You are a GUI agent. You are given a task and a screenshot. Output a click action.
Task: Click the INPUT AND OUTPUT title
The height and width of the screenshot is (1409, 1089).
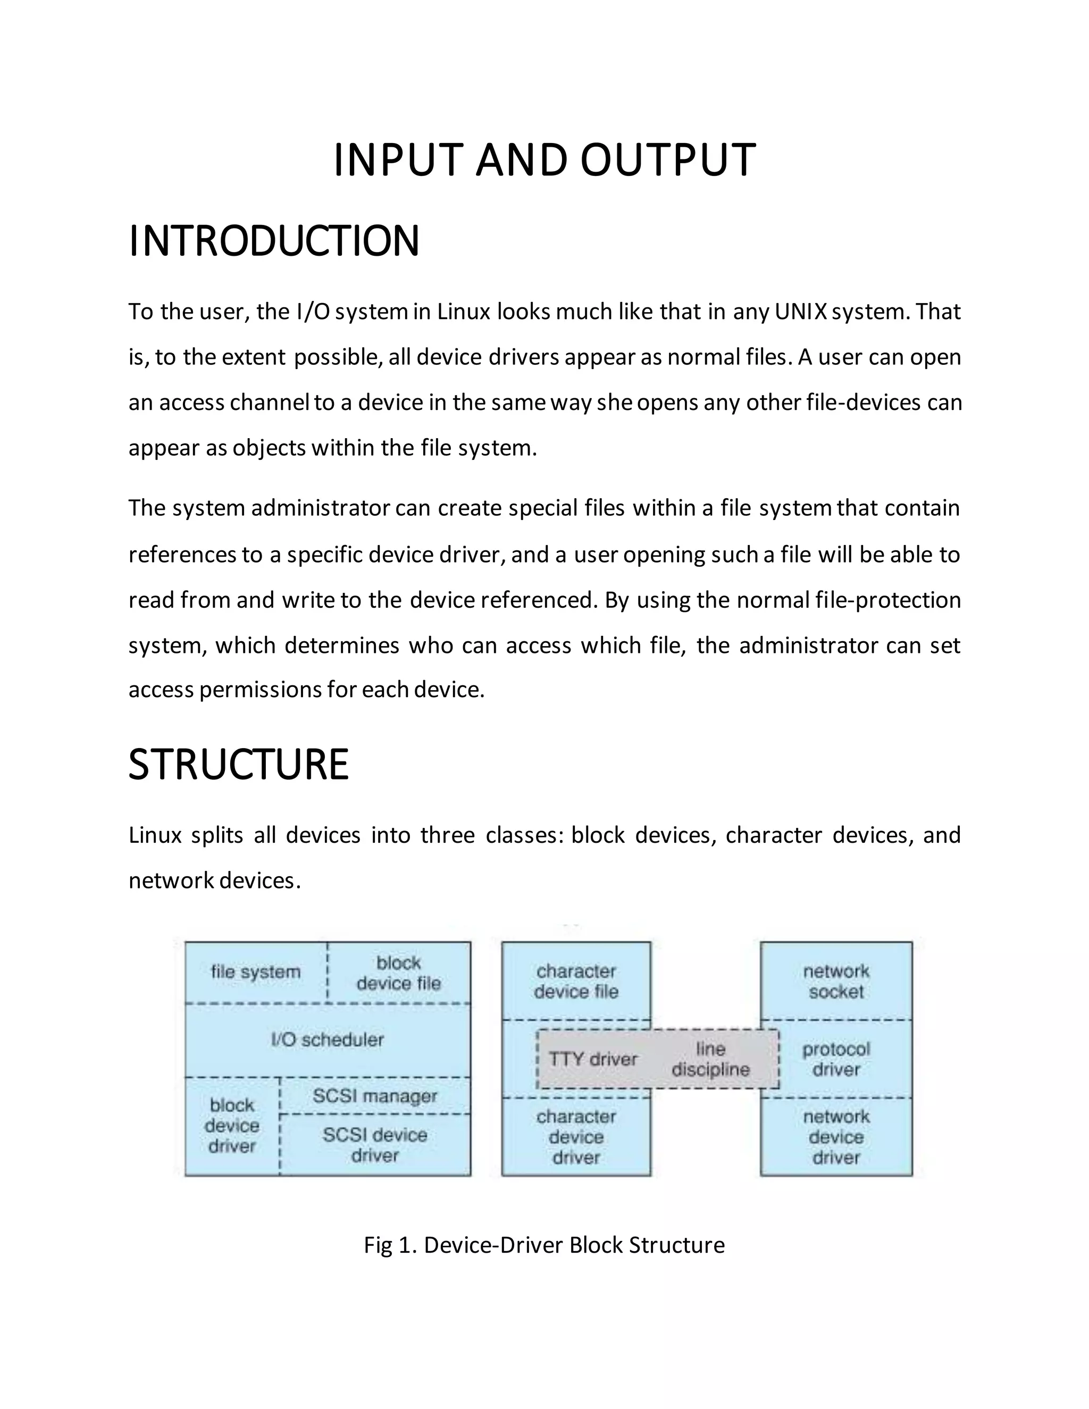[x=544, y=160]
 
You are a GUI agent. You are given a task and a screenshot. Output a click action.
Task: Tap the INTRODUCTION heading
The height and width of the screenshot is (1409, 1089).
[x=274, y=241]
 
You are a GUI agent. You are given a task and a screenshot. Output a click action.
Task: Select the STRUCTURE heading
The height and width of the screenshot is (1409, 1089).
[x=238, y=765]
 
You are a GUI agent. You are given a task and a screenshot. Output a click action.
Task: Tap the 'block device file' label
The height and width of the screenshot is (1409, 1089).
[x=399, y=973]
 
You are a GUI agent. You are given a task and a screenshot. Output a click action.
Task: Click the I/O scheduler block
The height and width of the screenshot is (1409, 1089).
[x=327, y=1040]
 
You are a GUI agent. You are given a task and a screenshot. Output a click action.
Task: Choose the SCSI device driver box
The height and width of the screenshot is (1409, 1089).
[x=375, y=1145]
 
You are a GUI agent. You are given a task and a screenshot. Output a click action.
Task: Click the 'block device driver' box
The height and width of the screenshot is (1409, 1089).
[x=232, y=1126]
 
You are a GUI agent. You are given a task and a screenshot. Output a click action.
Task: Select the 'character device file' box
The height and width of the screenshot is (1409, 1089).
[x=576, y=982]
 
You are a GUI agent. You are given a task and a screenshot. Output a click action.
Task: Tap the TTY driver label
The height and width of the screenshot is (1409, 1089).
[x=593, y=1059]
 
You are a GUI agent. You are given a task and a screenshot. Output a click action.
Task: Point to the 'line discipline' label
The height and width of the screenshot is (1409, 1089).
[x=710, y=1059]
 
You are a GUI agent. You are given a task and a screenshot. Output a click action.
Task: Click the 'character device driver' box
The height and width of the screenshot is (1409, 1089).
[x=576, y=1137]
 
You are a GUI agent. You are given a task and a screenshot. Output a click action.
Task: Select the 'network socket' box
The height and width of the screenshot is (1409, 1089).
[x=836, y=982]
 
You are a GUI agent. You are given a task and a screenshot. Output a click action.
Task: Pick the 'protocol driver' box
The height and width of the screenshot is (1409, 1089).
[x=836, y=1059]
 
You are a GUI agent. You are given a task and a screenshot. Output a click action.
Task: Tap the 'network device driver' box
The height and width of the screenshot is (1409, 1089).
[x=836, y=1137]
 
